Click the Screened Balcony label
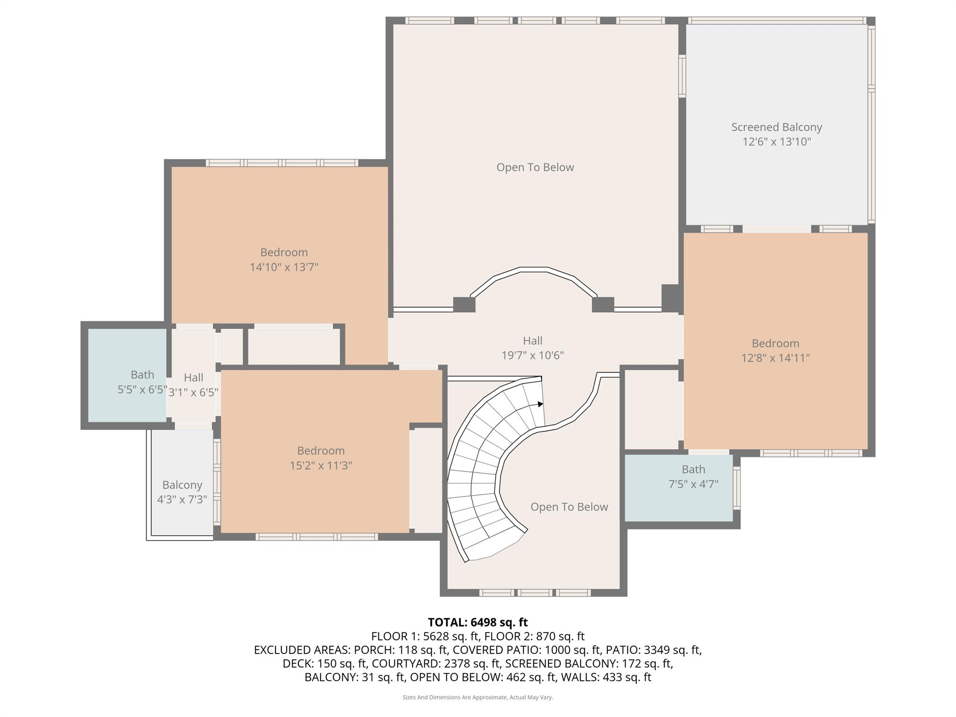pos(776,127)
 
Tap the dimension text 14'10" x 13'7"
pos(284,267)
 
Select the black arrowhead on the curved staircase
pos(540,404)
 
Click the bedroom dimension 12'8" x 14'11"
pos(775,358)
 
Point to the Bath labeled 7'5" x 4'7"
pos(693,476)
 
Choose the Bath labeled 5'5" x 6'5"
pos(142,382)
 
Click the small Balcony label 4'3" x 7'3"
pos(182,492)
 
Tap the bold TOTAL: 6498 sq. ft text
pos(478,622)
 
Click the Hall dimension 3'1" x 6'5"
pos(193,392)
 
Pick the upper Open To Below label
pos(535,167)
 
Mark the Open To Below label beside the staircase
pos(569,507)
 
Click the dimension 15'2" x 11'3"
pos(321,465)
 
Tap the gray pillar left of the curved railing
pos(464,304)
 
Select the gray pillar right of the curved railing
pos(603,304)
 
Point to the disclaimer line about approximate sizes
pos(478,697)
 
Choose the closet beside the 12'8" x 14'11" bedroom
pos(651,410)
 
